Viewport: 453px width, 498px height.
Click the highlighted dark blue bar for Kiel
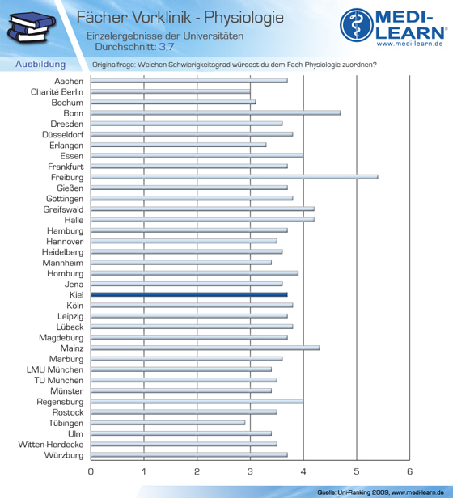coord(189,295)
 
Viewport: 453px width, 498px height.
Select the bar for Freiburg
coord(235,177)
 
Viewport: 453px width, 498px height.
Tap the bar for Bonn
coord(216,113)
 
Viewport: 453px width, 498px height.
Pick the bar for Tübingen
coord(167,423)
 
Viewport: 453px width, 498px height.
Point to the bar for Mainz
coord(205,348)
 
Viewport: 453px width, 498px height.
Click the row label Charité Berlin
coord(57,92)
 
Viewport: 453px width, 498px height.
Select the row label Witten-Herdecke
coord(51,445)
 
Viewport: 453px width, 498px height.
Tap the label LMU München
coord(55,369)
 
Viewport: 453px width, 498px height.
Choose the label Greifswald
coord(63,209)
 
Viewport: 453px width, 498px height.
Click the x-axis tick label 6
coord(410,471)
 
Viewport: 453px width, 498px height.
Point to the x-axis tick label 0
coord(91,471)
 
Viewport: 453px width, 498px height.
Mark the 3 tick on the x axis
coord(250,471)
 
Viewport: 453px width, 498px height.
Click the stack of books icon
coord(32,27)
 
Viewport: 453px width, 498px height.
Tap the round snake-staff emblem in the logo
coord(357,25)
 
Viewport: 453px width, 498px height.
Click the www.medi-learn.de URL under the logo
coord(410,44)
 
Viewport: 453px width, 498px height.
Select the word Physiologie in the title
coord(243,18)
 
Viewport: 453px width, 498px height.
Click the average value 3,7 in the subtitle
coord(167,47)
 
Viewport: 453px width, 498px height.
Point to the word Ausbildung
coord(40,64)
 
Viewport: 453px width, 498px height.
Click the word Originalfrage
coord(113,65)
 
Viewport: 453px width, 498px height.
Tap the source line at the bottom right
coord(380,492)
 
